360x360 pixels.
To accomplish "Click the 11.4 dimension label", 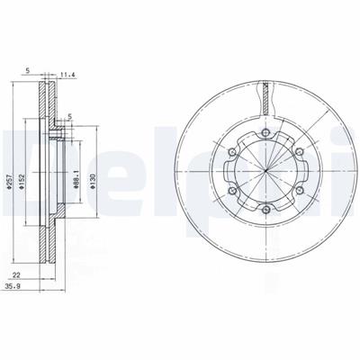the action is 67,75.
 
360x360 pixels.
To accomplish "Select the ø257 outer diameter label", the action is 9,182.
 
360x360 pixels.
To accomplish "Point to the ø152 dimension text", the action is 22,182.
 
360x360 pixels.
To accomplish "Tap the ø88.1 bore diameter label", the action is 76,180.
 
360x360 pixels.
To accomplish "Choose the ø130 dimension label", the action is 93,182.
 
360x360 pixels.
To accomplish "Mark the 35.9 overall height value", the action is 13,286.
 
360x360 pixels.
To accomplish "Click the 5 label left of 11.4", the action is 28,71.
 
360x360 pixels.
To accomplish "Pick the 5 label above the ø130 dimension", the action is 70,116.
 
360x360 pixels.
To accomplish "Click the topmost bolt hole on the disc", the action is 265,132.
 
